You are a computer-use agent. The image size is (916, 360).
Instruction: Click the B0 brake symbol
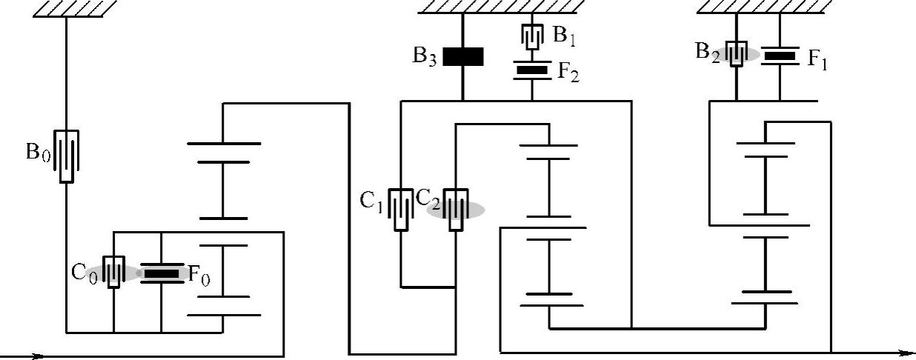click(x=66, y=156)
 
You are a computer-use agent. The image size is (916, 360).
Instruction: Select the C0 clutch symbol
click(x=113, y=273)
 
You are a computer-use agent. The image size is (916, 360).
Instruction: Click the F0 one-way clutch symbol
click(x=161, y=273)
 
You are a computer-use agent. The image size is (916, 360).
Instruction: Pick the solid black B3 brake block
click(x=463, y=57)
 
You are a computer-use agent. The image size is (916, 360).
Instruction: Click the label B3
click(x=425, y=57)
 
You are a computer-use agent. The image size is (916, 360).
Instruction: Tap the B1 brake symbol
click(x=532, y=36)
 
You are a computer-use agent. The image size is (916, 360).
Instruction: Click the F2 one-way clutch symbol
click(x=532, y=71)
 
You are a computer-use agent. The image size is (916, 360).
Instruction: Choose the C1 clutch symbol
click(x=401, y=210)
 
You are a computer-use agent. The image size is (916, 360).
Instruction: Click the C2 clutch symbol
click(x=456, y=210)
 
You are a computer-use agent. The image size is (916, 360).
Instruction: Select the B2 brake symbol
click(x=735, y=54)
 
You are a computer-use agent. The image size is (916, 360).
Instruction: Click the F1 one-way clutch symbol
click(x=780, y=55)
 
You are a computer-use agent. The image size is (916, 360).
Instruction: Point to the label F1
click(x=817, y=60)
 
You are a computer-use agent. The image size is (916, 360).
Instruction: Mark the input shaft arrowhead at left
click(x=37, y=356)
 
